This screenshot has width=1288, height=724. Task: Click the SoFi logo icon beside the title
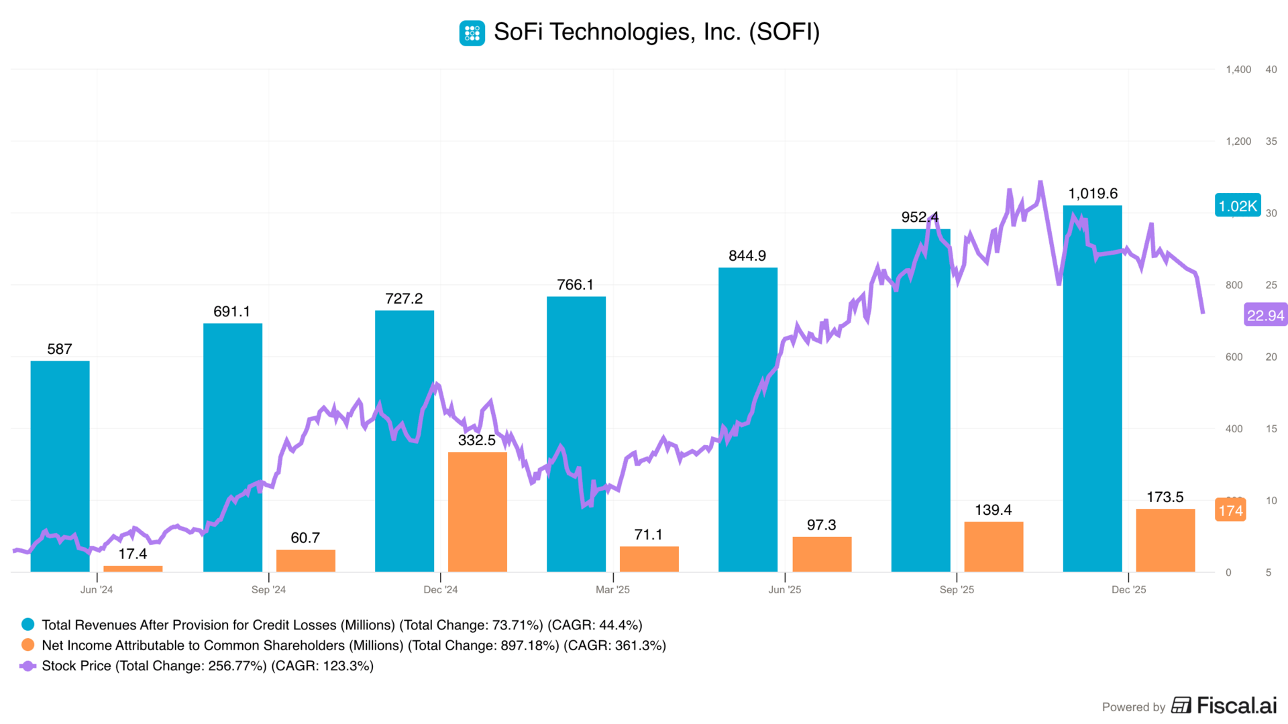point(472,33)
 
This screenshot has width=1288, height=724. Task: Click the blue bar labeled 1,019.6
point(1092,389)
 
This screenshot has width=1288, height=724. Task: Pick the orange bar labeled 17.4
point(133,568)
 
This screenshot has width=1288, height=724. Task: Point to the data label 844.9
point(747,255)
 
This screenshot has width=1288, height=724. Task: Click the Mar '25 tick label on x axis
point(612,589)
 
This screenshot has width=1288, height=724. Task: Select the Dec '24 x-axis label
point(441,589)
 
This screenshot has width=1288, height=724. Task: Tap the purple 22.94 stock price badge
point(1265,315)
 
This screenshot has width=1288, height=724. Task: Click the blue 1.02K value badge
point(1238,206)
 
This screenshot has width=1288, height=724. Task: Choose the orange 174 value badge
point(1230,510)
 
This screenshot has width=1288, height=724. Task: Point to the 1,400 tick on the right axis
point(1238,70)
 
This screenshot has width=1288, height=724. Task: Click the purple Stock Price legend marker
point(28,666)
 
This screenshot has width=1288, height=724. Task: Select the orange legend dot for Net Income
point(28,645)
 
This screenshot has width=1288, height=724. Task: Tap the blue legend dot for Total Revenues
point(28,624)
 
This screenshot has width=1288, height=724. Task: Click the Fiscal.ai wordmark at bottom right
point(1236,705)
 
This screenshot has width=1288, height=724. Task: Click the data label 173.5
point(1165,497)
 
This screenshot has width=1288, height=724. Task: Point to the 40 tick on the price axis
point(1271,70)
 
